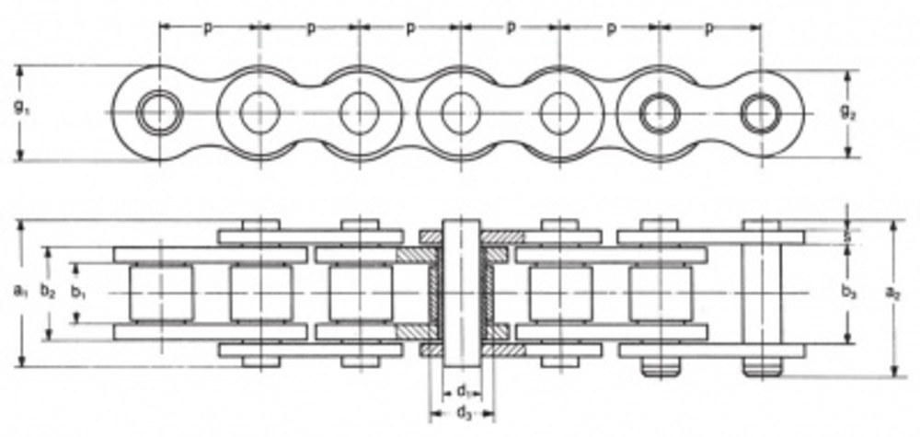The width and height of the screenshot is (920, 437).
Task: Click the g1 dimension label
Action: pyautogui.click(x=20, y=107)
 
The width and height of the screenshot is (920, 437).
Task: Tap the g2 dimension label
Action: pyautogui.click(x=847, y=112)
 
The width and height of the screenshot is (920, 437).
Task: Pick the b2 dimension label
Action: pyautogui.click(x=49, y=292)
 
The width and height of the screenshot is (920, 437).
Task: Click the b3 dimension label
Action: pyautogui.click(x=848, y=293)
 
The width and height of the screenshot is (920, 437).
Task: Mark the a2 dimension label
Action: pyautogui.click(x=892, y=293)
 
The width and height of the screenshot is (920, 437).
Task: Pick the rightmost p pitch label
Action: pyautogui.click(x=708, y=28)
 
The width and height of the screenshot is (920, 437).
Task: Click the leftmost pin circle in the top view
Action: pyautogui.click(x=160, y=113)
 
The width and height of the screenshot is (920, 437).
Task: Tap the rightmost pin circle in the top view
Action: pyautogui.click(x=760, y=113)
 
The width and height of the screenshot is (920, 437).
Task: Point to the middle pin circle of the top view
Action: pyautogui.click(x=458, y=113)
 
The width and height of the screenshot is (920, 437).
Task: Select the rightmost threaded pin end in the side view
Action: pyautogui.click(x=762, y=367)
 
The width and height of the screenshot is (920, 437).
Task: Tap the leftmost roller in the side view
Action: pyautogui.click(x=160, y=293)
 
